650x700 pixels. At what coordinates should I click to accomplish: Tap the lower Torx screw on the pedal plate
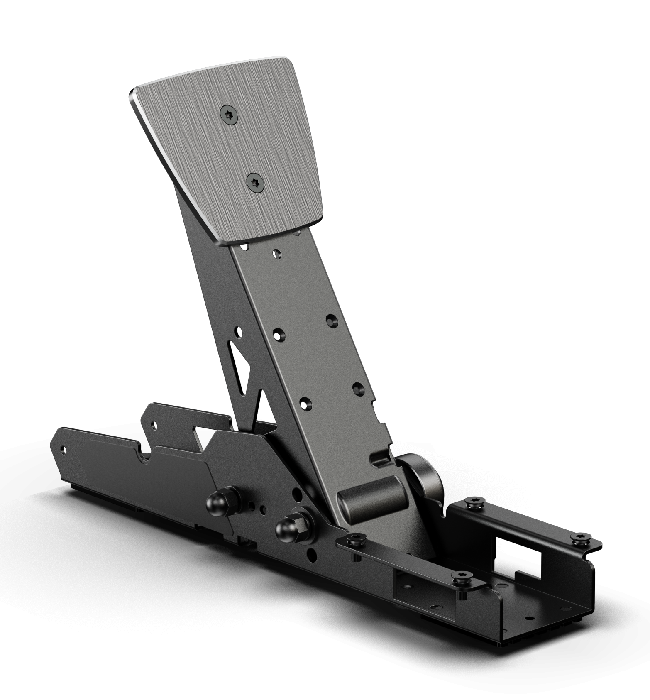tap(255, 183)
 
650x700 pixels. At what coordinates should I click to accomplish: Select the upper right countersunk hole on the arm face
tap(331, 320)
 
